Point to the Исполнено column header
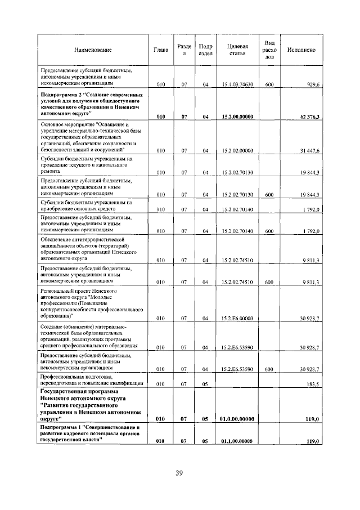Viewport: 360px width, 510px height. [x=301, y=50]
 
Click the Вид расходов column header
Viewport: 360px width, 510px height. [x=269, y=50]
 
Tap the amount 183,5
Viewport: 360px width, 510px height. [x=310, y=383]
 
